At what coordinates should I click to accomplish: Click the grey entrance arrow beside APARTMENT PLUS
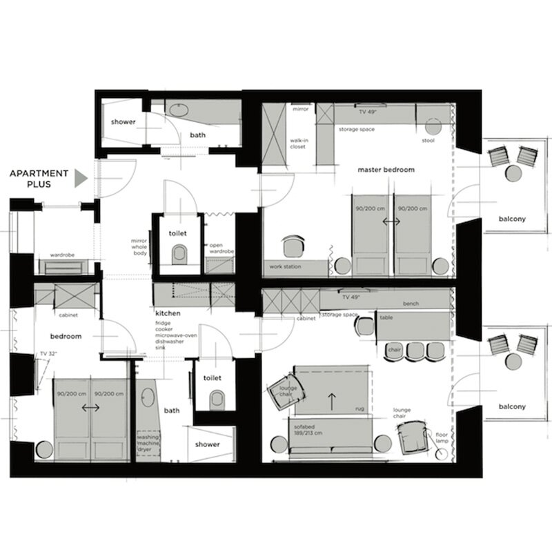80,179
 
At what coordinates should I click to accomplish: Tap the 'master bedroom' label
386,170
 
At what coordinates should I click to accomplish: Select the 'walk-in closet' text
299,144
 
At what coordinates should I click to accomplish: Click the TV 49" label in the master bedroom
368,112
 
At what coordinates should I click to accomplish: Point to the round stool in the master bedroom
433,126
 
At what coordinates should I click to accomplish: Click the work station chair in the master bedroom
293,246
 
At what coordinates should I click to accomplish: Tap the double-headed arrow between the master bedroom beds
391,221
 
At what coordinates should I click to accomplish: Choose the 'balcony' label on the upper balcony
512,219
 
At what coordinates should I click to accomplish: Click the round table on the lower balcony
513,361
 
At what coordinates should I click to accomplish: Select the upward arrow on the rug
332,402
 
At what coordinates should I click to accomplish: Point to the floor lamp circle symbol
440,455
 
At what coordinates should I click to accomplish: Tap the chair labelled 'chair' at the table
394,351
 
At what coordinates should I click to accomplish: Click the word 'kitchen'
168,313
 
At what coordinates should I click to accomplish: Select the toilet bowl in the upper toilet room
179,255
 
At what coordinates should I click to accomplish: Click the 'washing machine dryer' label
148,443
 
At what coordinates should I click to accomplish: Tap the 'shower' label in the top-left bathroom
124,122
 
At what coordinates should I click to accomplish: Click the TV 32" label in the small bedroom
48,354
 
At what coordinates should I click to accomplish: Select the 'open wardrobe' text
221,248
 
